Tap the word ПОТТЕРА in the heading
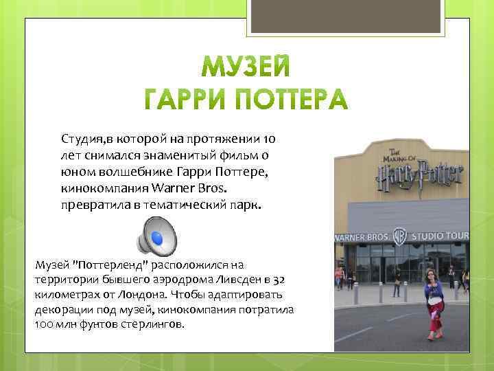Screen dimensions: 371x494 [x=298, y=101]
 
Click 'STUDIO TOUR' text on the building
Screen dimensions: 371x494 [x=440, y=236]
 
